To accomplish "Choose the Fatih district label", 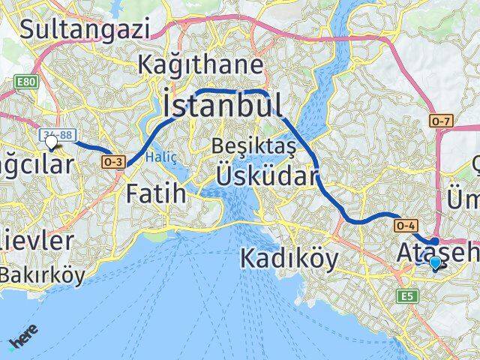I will pos(156,193).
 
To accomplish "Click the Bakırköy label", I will pos(42,275).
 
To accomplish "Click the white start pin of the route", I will pos(51,141).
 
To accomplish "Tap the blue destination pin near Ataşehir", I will pos(435,262).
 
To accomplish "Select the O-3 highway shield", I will pos(114,161).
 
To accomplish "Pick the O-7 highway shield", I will pos(439,120).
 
